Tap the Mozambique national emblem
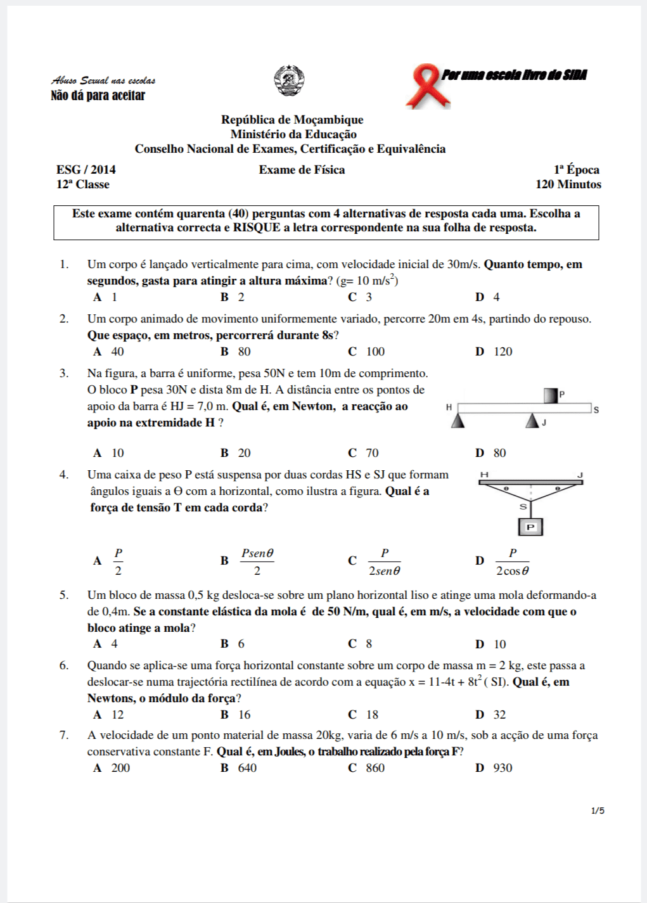point(289,80)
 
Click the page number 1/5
point(598,810)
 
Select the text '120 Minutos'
point(568,184)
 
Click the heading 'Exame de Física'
point(302,170)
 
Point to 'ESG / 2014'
point(86,170)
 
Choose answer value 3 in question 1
point(369,297)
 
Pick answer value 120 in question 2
point(503,352)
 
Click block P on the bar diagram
point(551,395)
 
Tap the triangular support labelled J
point(532,421)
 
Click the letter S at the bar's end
point(596,410)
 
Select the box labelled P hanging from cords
point(530,527)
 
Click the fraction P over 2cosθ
point(512,562)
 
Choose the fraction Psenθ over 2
point(257,562)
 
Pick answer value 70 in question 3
point(372,453)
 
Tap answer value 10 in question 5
point(499,644)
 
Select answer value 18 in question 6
point(372,715)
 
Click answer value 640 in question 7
point(247,768)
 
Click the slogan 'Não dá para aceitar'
point(98,96)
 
